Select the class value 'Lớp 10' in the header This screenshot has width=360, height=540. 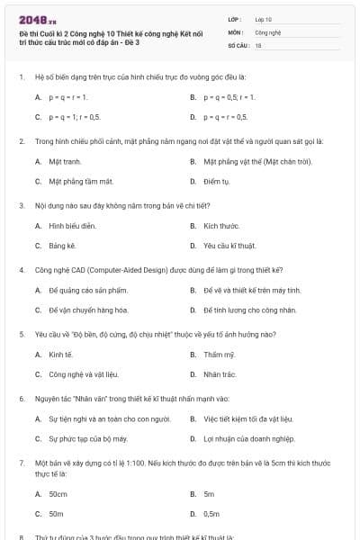264,19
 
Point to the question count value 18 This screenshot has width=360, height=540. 258,44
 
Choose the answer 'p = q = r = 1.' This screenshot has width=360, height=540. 68,97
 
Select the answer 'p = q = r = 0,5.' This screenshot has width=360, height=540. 226,118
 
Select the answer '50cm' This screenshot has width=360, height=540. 58,494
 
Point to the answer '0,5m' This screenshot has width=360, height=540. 211,514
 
